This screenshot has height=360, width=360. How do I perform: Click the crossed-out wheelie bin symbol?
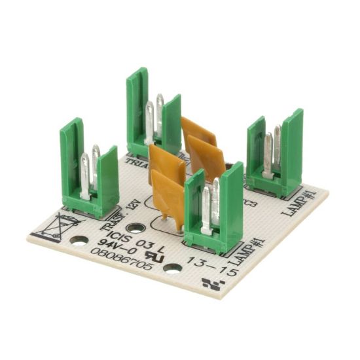[58, 226]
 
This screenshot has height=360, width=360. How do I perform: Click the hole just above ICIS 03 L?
[135, 227]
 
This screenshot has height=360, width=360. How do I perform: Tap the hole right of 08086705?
[172, 267]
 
